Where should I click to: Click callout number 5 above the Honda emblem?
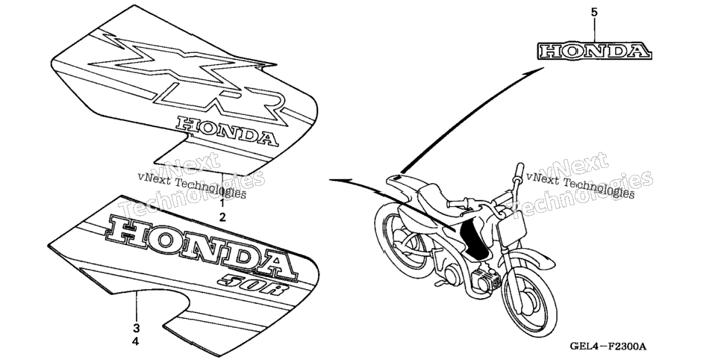tap(594, 13)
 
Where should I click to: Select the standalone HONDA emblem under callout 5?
tap(595, 51)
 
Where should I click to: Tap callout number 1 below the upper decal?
tap(222, 203)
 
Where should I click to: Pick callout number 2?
tap(222, 217)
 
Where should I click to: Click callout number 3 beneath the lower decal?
tap(136, 328)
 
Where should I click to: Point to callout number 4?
tap(136, 341)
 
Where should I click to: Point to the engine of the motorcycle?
tap(480, 279)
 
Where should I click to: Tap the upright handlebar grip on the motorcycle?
tap(519, 173)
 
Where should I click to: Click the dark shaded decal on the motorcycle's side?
tap(475, 240)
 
